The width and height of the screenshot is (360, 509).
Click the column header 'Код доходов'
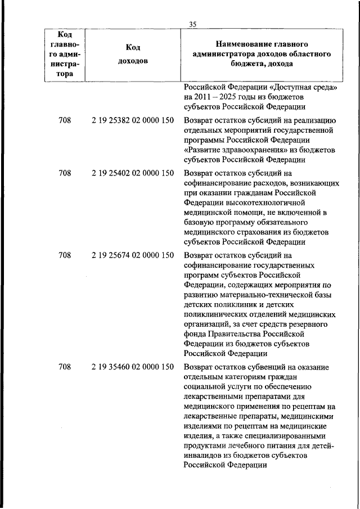click(x=133, y=54)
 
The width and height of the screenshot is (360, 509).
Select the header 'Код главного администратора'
click(x=65, y=54)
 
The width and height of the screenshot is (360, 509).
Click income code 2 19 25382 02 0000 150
click(x=132, y=121)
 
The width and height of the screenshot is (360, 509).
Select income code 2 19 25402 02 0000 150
click(x=132, y=173)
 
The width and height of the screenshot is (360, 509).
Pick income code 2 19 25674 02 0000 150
click(x=132, y=255)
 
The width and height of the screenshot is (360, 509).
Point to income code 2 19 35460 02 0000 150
click(x=132, y=367)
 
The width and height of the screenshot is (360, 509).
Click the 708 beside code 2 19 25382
click(x=65, y=121)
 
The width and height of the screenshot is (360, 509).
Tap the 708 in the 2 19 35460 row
click(x=65, y=367)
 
